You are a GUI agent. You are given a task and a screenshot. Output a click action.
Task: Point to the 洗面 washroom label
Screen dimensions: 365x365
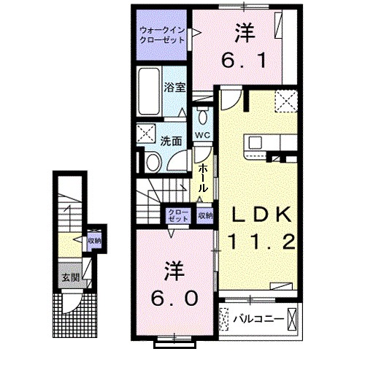pyautogui.click(x=172, y=141)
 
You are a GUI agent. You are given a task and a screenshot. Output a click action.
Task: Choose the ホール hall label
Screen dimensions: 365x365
pyautogui.click(x=206, y=177)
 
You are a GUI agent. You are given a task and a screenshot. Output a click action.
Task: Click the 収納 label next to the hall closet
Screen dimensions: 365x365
pyautogui.click(x=205, y=215)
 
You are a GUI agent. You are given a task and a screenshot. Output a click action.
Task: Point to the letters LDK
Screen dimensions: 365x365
pyautogui.click(x=262, y=215)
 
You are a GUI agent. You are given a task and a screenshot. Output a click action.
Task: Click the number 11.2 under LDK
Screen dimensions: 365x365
pyautogui.click(x=262, y=241)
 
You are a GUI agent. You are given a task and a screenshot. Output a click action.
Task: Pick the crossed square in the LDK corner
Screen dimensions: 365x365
pyautogui.click(x=285, y=100)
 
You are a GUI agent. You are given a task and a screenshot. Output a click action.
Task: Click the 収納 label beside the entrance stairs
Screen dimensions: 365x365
pyautogui.click(x=94, y=240)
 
